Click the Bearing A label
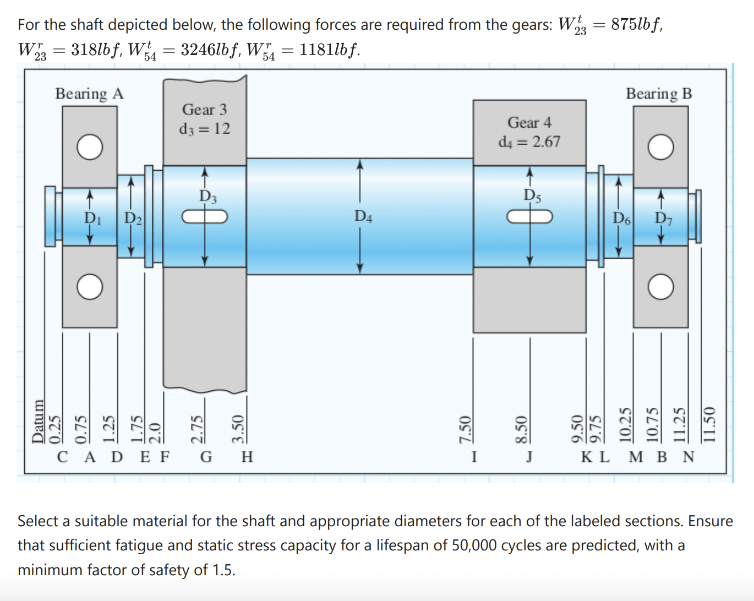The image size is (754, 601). pyautogui.click(x=89, y=94)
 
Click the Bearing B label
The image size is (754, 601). pyautogui.click(x=658, y=94)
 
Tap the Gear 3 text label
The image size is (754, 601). pyautogui.click(x=204, y=110)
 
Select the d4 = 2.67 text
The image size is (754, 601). pyautogui.click(x=529, y=142)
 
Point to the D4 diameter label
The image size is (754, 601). pyautogui.click(x=363, y=216)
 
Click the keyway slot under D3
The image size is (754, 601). pyautogui.click(x=205, y=217)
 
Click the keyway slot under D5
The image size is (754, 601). pyautogui.click(x=529, y=217)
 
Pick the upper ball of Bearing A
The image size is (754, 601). pyautogui.click(x=90, y=147)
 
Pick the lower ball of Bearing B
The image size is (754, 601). pyautogui.click(x=660, y=287)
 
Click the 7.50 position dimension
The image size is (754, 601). pyautogui.click(x=466, y=428)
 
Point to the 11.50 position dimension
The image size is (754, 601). pyautogui.click(x=709, y=424)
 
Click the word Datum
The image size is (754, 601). pyautogui.click(x=37, y=421)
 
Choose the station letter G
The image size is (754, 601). pyautogui.click(x=206, y=457)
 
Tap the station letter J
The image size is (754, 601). pyautogui.click(x=529, y=457)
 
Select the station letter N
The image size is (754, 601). pyautogui.click(x=689, y=457)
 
